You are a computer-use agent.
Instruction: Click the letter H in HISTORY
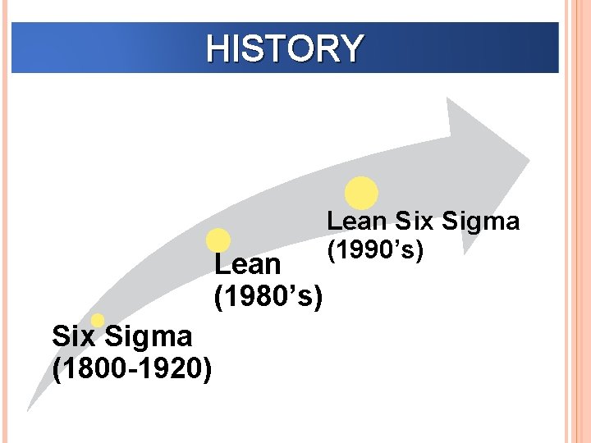tap(218, 48)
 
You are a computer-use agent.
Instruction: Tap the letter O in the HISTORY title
tap(298, 48)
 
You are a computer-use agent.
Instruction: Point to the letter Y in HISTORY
tap(349, 48)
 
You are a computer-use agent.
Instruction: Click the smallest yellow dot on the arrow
tap(98, 320)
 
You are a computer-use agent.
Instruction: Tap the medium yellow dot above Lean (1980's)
tap(218, 240)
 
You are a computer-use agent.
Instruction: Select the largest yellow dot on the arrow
tap(361, 194)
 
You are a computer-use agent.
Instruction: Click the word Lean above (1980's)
tap(247, 265)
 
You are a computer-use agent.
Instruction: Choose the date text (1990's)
tap(375, 249)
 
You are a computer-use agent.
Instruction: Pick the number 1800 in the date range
tap(89, 368)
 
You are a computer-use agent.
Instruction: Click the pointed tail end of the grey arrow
tap(29, 409)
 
